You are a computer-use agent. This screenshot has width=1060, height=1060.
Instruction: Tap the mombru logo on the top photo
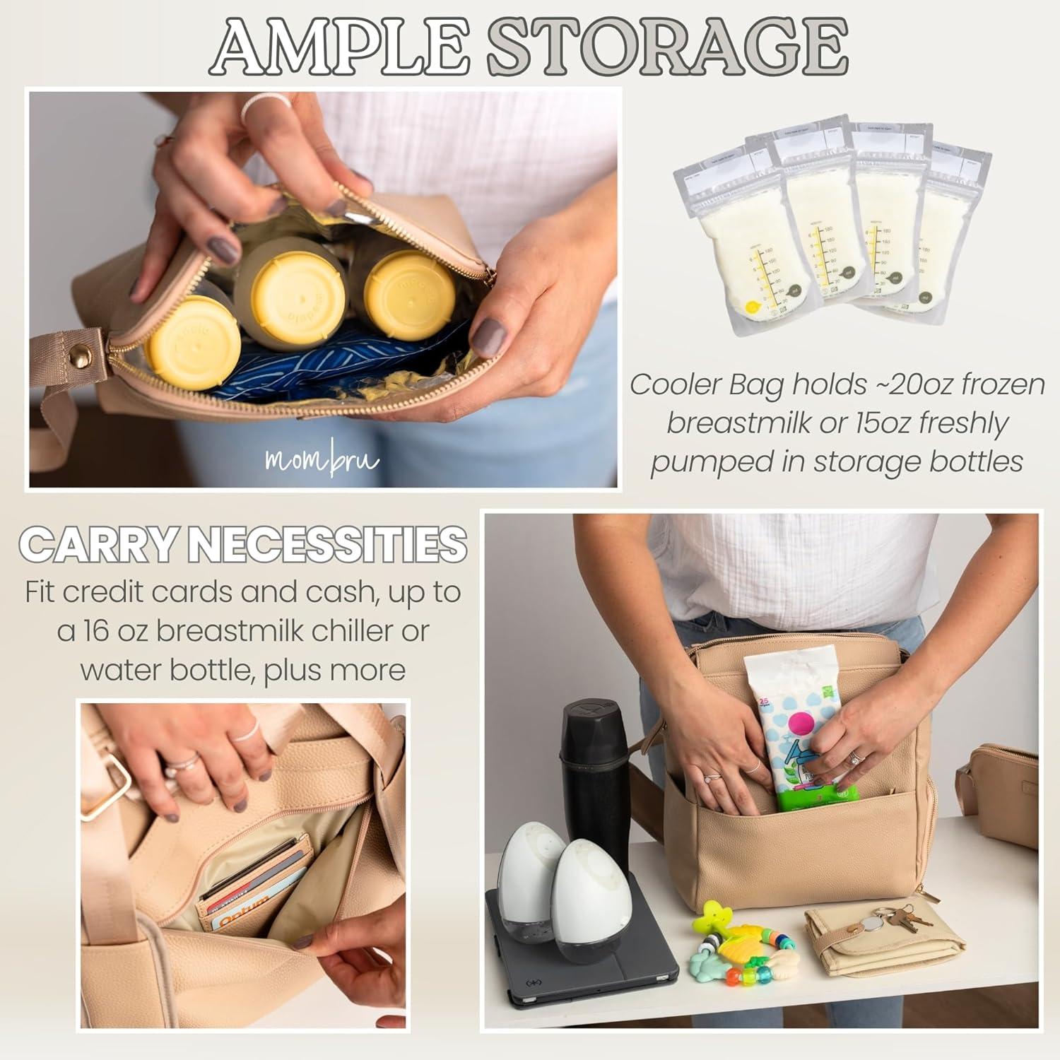[322, 460]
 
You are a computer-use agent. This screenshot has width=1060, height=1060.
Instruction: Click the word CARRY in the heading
[95, 545]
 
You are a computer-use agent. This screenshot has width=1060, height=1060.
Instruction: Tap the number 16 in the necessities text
[112, 631]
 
